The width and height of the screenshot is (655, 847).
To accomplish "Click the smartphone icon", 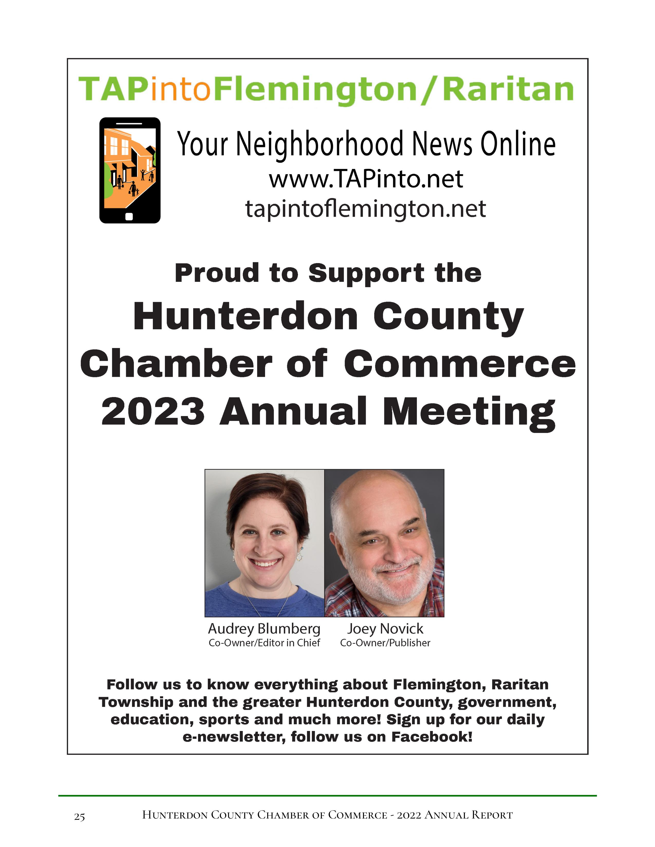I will tap(130, 170).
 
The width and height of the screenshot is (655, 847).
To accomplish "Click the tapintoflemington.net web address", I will tap(366, 209).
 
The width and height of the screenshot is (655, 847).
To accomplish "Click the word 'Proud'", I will tap(217, 273).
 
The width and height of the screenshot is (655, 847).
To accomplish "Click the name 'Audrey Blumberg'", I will tap(264, 629).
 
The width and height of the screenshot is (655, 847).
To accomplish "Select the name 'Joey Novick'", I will tap(385, 629).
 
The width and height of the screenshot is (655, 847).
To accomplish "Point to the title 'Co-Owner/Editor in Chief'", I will tap(264, 643).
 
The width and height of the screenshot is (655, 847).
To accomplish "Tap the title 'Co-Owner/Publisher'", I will tap(385, 643).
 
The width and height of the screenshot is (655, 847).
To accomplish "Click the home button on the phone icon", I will tap(129, 216).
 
